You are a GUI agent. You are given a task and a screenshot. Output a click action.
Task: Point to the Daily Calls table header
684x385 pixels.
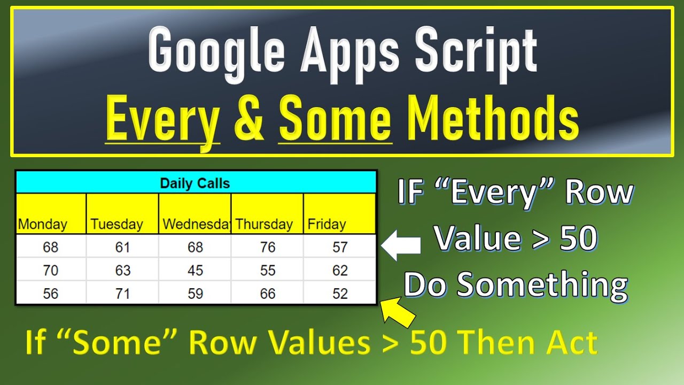(195, 183)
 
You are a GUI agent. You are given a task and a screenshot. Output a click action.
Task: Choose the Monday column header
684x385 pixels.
(43, 224)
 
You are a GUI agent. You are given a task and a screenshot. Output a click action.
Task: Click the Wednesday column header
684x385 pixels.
(195, 224)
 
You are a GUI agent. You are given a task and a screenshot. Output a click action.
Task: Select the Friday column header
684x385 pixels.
(327, 224)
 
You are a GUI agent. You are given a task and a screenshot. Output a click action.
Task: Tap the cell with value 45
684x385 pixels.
(195, 271)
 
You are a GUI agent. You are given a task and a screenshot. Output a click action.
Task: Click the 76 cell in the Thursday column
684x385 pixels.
(268, 247)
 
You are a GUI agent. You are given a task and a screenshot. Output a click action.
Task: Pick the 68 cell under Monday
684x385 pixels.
(51, 247)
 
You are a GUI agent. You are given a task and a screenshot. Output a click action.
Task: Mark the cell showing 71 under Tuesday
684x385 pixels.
(123, 294)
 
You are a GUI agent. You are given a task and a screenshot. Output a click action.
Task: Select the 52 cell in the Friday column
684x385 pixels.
(340, 294)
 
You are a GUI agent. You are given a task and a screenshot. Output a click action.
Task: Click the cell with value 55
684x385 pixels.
(268, 271)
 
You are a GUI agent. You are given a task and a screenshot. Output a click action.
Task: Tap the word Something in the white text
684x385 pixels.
(542, 284)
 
